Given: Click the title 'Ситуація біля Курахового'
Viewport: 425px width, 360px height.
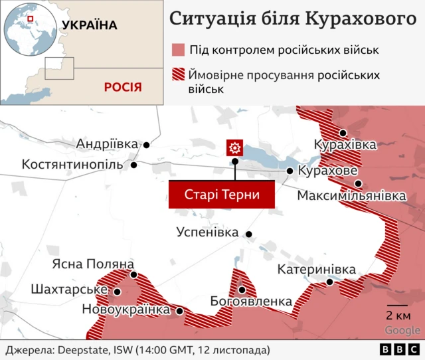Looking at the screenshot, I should click(x=288, y=18).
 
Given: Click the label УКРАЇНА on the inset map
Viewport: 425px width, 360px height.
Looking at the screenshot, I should click(x=89, y=25).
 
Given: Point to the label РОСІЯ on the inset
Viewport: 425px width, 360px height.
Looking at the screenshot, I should click(x=123, y=87).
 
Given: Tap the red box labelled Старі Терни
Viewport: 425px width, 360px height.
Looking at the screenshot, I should click(x=221, y=195).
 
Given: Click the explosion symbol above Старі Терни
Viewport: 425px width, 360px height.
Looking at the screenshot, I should click(x=234, y=147).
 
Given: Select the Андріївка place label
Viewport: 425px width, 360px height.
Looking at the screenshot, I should click(x=107, y=143).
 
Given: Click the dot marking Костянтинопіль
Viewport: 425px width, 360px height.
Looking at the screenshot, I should click(x=134, y=165).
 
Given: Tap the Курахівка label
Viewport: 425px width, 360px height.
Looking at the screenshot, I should click(x=345, y=145).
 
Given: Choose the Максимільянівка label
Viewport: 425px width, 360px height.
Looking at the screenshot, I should click(x=351, y=196).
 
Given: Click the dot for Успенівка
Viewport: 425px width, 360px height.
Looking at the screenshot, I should click(x=249, y=234).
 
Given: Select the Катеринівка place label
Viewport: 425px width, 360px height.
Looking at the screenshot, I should click(x=317, y=269).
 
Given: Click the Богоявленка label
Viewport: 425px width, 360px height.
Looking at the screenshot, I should click(x=250, y=302).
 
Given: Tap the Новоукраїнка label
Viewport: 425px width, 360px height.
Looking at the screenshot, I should click(x=126, y=310).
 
